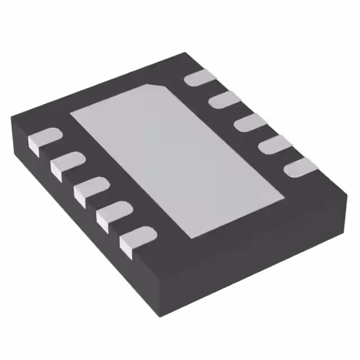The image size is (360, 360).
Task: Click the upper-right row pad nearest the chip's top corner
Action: pyautogui.click(x=200, y=78)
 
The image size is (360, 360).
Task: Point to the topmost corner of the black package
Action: pyautogui.click(x=186, y=53)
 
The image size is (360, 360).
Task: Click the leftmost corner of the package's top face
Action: pyautogui.click(x=12, y=116)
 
